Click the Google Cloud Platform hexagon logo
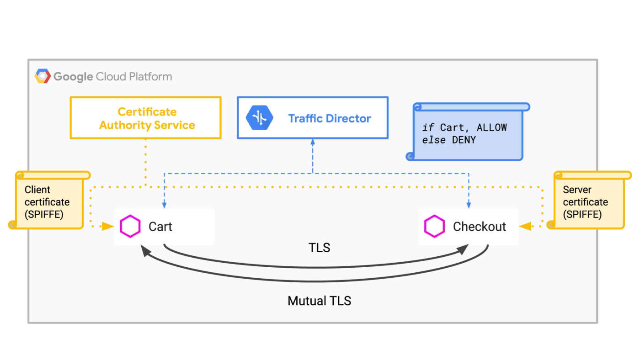(43, 76)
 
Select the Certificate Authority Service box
(146, 118)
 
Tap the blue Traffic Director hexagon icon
(259, 118)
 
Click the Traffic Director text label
(329, 118)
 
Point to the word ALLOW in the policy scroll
(491, 127)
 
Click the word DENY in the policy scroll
(464, 140)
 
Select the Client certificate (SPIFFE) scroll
(48, 201)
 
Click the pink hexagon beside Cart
(130, 227)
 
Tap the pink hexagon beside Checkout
(434, 227)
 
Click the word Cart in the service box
(160, 227)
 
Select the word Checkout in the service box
(479, 227)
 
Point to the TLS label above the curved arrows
(319, 248)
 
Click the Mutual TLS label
(319, 301)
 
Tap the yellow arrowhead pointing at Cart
(108, 226)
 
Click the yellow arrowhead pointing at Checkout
(525, 226)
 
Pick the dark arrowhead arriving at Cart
(145, 250)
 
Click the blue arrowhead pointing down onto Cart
(164, 205)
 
